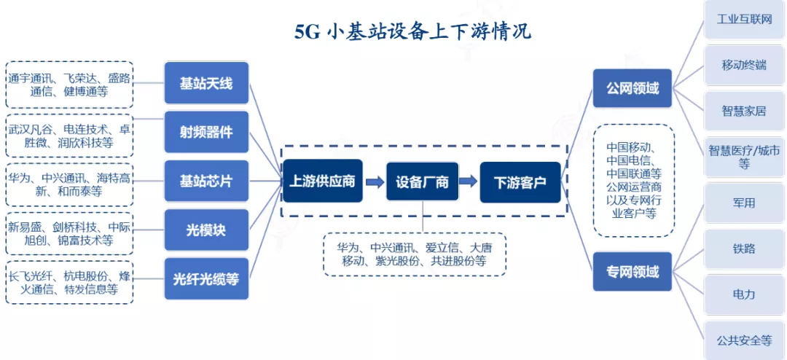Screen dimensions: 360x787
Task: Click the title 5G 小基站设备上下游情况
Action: tap(412, 31)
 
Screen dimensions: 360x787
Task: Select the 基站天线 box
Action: tap(206, 84)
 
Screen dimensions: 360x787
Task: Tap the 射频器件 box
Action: tap(206, 133)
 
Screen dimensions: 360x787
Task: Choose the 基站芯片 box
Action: tap(206, 181)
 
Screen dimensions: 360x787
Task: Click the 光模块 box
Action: tap(206, 230)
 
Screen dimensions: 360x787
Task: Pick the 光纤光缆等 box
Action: tap(206, 279)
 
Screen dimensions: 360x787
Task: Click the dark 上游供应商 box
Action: tap(322, 181)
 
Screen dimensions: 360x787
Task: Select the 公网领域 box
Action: tap(632, 89)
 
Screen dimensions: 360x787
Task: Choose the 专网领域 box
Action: tap(632, 272)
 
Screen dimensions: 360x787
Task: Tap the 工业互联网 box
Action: tap(744, 19)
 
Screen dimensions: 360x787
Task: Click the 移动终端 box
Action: tap(744, 65)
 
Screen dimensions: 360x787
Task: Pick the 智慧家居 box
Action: tap(744, 111)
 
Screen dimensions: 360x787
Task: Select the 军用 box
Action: tap(744, 203)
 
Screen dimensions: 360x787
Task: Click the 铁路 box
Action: tap(744, 249)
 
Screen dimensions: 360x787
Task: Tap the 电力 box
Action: tap(744, 294)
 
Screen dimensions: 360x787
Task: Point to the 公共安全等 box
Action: tap(744, 340)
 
